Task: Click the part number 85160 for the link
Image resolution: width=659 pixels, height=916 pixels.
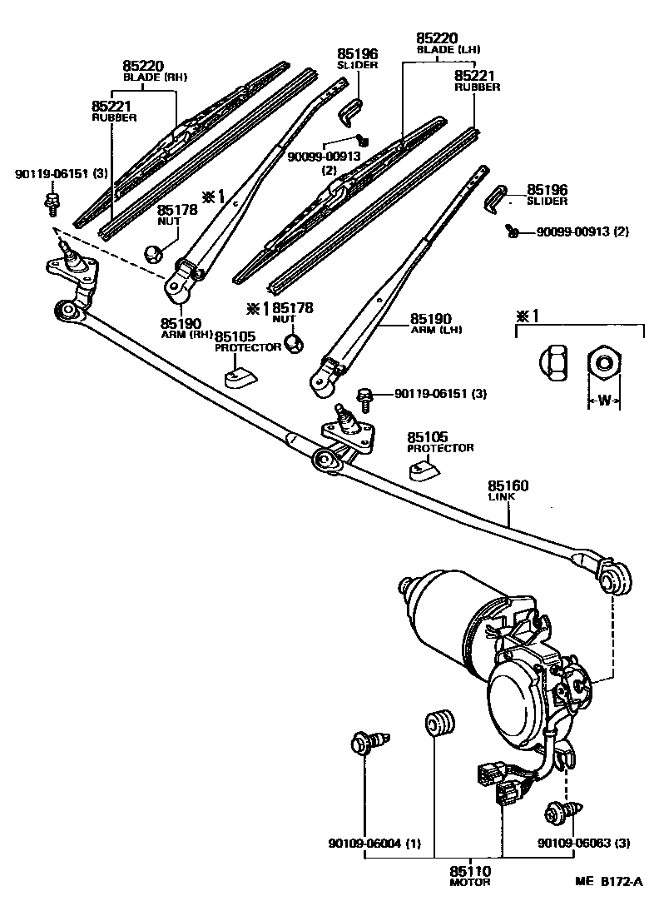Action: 508,485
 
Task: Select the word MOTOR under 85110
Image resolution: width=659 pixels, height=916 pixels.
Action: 470,882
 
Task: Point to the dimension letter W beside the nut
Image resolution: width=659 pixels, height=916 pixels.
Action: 605,401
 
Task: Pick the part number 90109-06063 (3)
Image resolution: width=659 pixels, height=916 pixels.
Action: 572,844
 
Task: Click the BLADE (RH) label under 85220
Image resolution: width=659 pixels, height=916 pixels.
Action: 155,77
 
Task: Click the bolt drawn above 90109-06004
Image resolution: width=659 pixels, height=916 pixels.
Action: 369,740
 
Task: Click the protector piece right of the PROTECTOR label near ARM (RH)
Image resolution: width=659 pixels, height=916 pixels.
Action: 241,377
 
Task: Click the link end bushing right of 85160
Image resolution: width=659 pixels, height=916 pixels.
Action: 615,578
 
